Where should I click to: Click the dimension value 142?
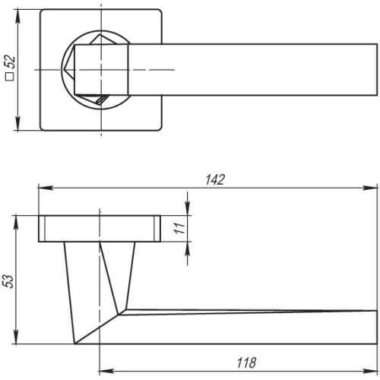(215, 179)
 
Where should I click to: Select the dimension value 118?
(246, 363)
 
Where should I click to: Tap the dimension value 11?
(179, 228)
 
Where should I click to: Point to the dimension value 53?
(8, 281)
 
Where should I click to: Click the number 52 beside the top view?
(11, 62)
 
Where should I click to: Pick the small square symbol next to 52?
(10, 77)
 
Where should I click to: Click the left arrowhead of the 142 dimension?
(46, 188)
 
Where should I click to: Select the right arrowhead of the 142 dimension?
(370, 188)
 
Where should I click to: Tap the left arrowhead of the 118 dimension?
(106, 371)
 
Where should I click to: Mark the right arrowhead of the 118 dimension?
(370, 371)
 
